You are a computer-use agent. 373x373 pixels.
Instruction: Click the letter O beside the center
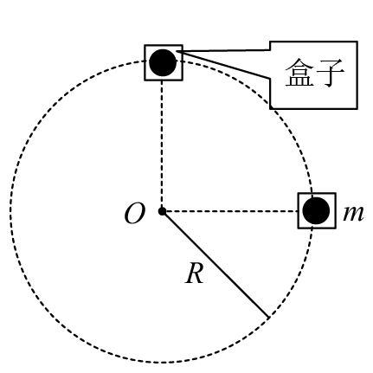pyautogui.click(x=134, y=214)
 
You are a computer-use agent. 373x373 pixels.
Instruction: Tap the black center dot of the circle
pyautogui.click(x=162, y=211)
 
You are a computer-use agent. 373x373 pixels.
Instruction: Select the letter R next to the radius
pyautogui.click(x=195, y=273)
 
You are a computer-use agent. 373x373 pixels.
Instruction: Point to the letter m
pyautogui.click(x=353, y=214)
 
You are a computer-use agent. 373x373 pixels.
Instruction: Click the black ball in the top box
pyautogui.click(x=163, y=62)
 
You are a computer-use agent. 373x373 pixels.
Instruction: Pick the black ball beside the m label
pyautogui.click(x=316, y=210)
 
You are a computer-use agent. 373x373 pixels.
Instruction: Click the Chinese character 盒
pyautogui.click(x=299, y=72)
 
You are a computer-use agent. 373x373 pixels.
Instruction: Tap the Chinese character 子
pyautogui.click(x=330, y=73)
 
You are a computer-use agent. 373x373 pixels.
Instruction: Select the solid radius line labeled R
pyautogui.click(x=215, y=265)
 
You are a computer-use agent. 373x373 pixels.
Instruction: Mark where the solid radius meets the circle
pyautogui.click(x=268, y=318)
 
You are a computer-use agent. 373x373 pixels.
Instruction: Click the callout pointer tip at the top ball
pyautogui.click(x=177, y=51)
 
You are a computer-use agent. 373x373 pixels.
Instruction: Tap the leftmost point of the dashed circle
pyautogui.click(x=10, y=211)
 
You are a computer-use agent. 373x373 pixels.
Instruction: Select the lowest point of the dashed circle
pyautogui.click(x=162, y=363)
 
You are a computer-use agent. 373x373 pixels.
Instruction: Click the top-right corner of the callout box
pyautogui.click(x=357, y=42)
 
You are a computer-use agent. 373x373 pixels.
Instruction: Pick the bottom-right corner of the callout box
pyautogui.click(x=357, y=109)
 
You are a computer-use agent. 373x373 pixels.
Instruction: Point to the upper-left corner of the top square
pyautogui.click(x=145, y=45)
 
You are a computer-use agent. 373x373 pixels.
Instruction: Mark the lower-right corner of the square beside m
pyautogui.click(x=336, y=228)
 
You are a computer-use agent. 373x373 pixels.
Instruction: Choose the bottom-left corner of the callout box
pyautogui.click(x=270, y=109)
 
